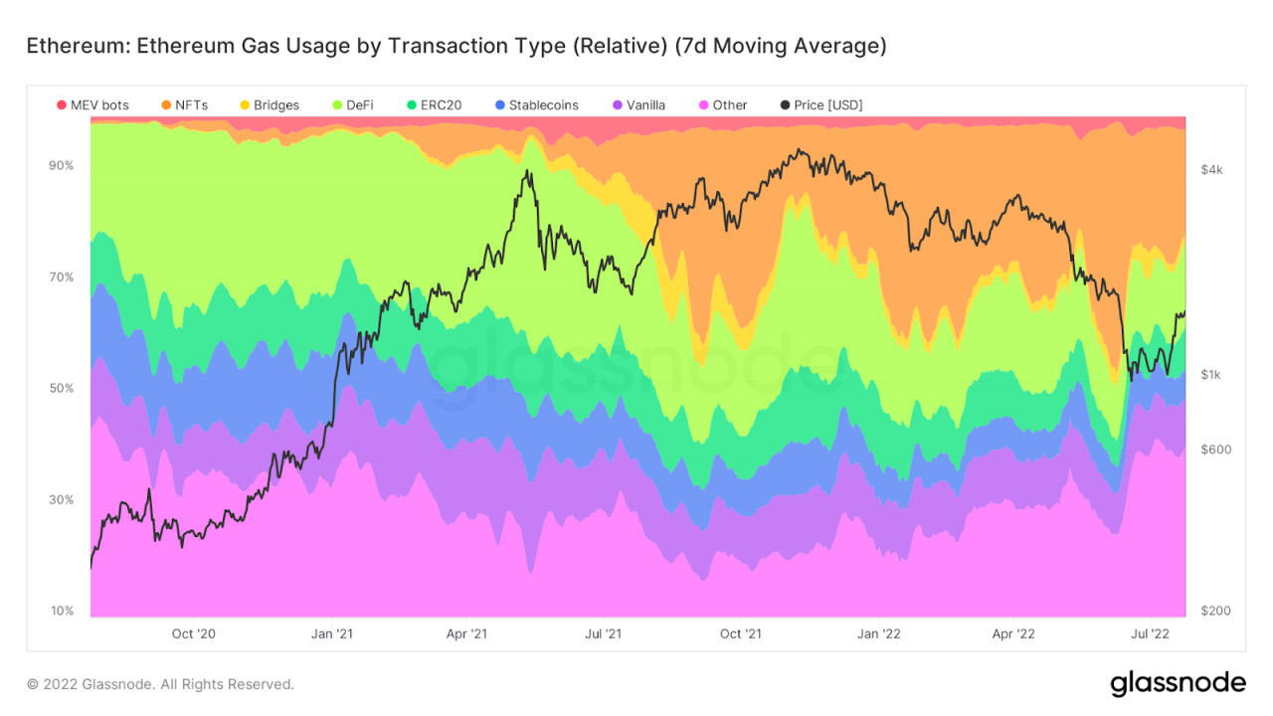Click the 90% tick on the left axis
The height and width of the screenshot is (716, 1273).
click(62, 165)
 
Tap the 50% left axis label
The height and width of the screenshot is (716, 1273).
click(62, 388)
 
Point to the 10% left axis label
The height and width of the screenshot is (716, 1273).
click(62, 611)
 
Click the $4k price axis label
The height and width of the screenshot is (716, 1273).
click(1211, 170)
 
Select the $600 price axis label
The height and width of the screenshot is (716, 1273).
click(1215, 449)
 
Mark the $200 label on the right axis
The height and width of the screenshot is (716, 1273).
click(1215, 611)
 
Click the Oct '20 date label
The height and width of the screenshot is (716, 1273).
click(193, 633)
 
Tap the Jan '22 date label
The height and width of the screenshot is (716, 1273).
click(879, 633)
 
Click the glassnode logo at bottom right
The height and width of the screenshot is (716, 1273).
click(1178, 683)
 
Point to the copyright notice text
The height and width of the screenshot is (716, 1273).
click(160, 684)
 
